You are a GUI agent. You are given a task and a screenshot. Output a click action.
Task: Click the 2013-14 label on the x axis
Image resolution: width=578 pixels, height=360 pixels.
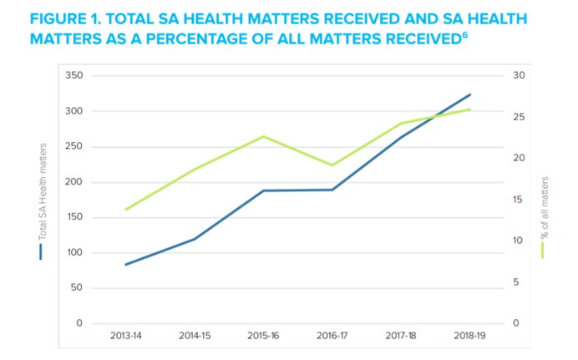(x=125, y=336)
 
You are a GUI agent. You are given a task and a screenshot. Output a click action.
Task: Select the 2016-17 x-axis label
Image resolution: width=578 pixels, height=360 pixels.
(x=332, y=336)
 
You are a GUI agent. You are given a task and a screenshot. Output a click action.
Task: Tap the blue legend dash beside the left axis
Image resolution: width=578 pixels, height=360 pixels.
(x=41, y=251)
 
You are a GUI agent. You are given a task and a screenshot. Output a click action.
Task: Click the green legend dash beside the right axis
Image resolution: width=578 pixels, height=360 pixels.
(x=544, y=249)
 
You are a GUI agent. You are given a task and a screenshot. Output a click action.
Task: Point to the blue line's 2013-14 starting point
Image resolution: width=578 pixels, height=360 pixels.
(x=125, y=265)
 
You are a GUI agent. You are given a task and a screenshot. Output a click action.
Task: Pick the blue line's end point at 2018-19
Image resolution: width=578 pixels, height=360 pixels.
(x=470, y=94)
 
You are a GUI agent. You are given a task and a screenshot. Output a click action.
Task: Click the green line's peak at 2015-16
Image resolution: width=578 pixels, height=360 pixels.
(x=263, y=136)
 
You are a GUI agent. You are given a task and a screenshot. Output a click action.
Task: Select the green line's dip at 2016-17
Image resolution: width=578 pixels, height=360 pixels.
(x=332, y=165)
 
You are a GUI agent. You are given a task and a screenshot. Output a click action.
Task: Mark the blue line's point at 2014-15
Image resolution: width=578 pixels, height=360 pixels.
(x=195, y=239)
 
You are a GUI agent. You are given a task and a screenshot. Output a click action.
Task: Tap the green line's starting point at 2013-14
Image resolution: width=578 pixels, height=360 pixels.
(x=125, y=210)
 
